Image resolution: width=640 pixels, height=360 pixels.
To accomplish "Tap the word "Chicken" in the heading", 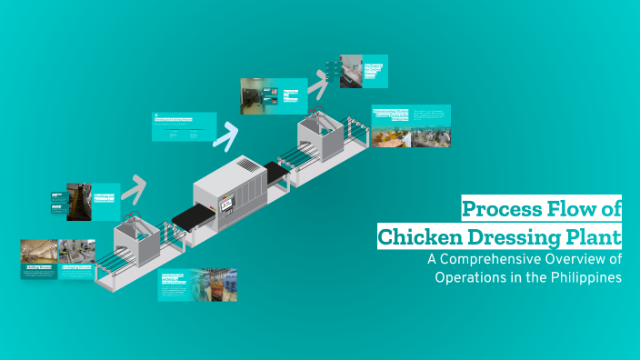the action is pos(422,237).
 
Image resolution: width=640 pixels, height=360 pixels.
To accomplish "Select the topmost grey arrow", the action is pos(317,85).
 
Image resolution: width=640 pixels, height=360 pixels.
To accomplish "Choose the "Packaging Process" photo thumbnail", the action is pos(76,252).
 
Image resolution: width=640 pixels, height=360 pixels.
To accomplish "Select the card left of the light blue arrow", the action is pos(183,126).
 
